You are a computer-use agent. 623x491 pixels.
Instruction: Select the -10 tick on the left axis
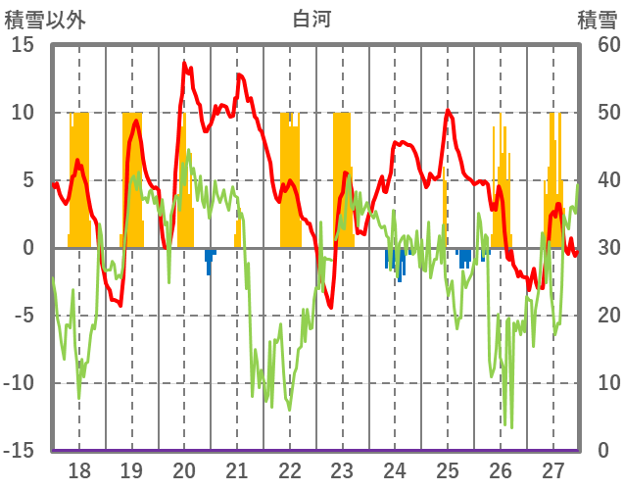click(x=20, y=383)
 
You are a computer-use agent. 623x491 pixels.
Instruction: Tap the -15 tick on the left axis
click(x=20, y=451)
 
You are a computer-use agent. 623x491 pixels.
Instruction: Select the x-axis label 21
click(x=237, y=469)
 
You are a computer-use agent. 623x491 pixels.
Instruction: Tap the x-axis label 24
click(x=395, y=469)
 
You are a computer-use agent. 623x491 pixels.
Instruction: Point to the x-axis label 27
click(x=553, y=469)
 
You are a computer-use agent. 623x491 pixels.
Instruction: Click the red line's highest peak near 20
click(x=184, y=64)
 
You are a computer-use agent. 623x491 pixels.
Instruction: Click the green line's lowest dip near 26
click(x=510, y=425)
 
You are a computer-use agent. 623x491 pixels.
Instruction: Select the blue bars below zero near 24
click(x=396, y=263)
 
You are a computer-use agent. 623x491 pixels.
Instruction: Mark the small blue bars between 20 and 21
click(x=209, y=260)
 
